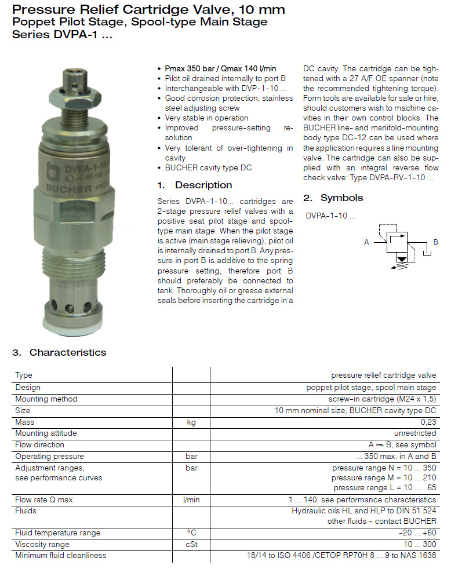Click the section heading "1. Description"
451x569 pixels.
195,185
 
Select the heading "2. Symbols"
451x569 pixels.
333,198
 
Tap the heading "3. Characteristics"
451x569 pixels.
60,352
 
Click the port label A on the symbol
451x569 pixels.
366,242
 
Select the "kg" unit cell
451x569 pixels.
191,422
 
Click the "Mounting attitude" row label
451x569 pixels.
46,433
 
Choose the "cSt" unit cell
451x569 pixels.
191,544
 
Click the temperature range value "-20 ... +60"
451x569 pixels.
417,533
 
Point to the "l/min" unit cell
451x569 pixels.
191,499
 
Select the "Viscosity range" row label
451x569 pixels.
42,544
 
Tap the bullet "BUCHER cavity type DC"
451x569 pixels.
209,168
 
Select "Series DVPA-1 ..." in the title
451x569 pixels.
62,34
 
